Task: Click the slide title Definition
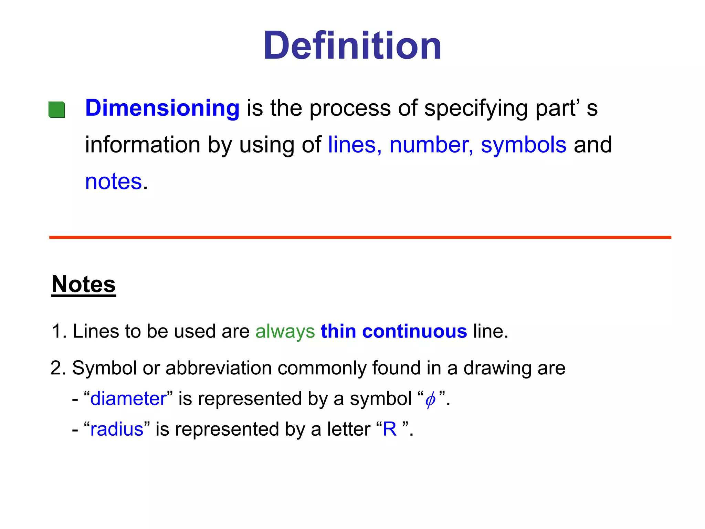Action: [352, 46]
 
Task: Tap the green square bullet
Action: [57, 110]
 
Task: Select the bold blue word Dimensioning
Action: [162, 108]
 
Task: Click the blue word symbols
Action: [523, 145]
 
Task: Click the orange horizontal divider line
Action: [360, 237]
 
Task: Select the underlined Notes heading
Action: [84, 284]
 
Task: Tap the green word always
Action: [285, 331]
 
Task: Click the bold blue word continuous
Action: [414, 331]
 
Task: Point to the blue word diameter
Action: [128, 398]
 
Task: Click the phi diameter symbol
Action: [430, 400]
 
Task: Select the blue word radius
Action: [117, 429]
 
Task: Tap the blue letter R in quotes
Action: [390, 429]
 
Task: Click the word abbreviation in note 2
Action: [219, 368]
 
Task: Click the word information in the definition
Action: [143, 145]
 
